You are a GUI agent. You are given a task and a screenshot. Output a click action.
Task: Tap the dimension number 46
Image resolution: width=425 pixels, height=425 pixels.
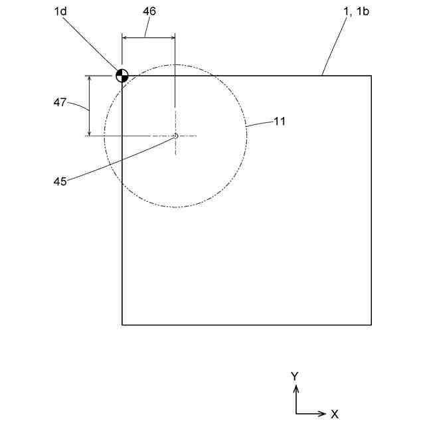click(x=149, y=13)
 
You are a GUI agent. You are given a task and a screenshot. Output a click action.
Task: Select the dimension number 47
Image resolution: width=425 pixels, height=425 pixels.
click(x=61, y=102)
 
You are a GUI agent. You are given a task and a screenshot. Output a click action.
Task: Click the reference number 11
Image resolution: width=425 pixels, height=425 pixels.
click(x=279, y=122)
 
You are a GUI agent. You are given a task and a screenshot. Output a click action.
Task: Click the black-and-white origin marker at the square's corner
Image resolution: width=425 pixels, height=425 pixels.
click(x=122, y=75)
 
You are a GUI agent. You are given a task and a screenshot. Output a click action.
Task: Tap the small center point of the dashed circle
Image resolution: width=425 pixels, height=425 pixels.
click(x=175, y=136)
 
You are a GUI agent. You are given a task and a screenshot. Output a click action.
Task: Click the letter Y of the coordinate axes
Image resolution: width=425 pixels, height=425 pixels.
click(x=295, y=376)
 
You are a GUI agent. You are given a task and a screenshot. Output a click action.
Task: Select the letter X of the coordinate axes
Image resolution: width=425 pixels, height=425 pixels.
click(x=335, y=414)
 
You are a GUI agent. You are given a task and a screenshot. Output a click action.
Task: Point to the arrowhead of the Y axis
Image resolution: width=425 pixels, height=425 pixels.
click(x=296, y=386)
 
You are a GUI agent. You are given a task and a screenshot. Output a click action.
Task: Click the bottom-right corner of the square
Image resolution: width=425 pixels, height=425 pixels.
click(x=371, y=325)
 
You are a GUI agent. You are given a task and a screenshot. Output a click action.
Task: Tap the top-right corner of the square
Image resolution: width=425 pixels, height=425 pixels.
click(x=371, y=76)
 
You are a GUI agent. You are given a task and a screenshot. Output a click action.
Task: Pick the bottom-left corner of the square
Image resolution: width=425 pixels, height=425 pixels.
click(x=122, y=325)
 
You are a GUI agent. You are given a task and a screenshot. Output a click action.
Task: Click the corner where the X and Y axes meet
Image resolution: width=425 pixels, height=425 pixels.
click(x=296, y=414)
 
